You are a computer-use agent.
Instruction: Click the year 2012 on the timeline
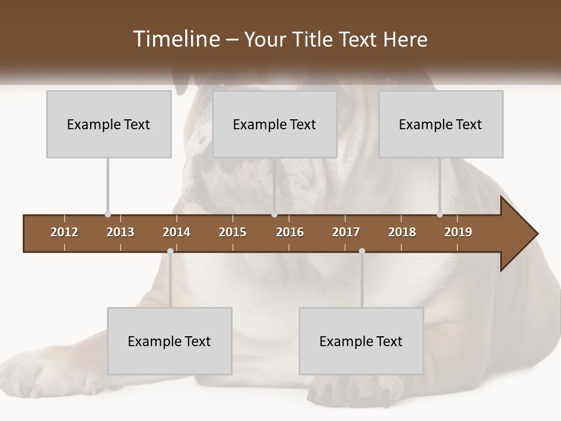[64, 232]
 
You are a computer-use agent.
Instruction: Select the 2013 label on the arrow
[120, 232]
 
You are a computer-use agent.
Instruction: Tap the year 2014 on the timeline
[176, 232]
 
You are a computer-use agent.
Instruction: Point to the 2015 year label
[233, 232]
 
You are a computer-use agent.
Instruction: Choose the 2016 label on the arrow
[290, 232]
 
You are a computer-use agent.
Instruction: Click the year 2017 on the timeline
[346, 232]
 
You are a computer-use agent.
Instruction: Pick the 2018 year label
[402, 232]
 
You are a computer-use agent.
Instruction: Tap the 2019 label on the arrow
[458, 232]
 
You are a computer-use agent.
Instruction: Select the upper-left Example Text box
[109, 124]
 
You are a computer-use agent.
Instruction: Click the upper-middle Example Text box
[275, 124]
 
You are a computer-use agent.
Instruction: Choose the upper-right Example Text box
[441, 124]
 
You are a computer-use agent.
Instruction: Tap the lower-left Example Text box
[169, 341]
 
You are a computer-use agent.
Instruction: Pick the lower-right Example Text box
[361, 341]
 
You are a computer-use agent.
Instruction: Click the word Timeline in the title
[175, 39]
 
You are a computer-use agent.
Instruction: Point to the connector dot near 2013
[108, 215]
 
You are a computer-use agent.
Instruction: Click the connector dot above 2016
[274, 215]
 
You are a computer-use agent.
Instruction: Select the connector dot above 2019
[439, 215]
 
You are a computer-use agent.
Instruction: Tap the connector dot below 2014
[170, 251]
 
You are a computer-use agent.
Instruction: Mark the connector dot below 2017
[362, 251]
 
